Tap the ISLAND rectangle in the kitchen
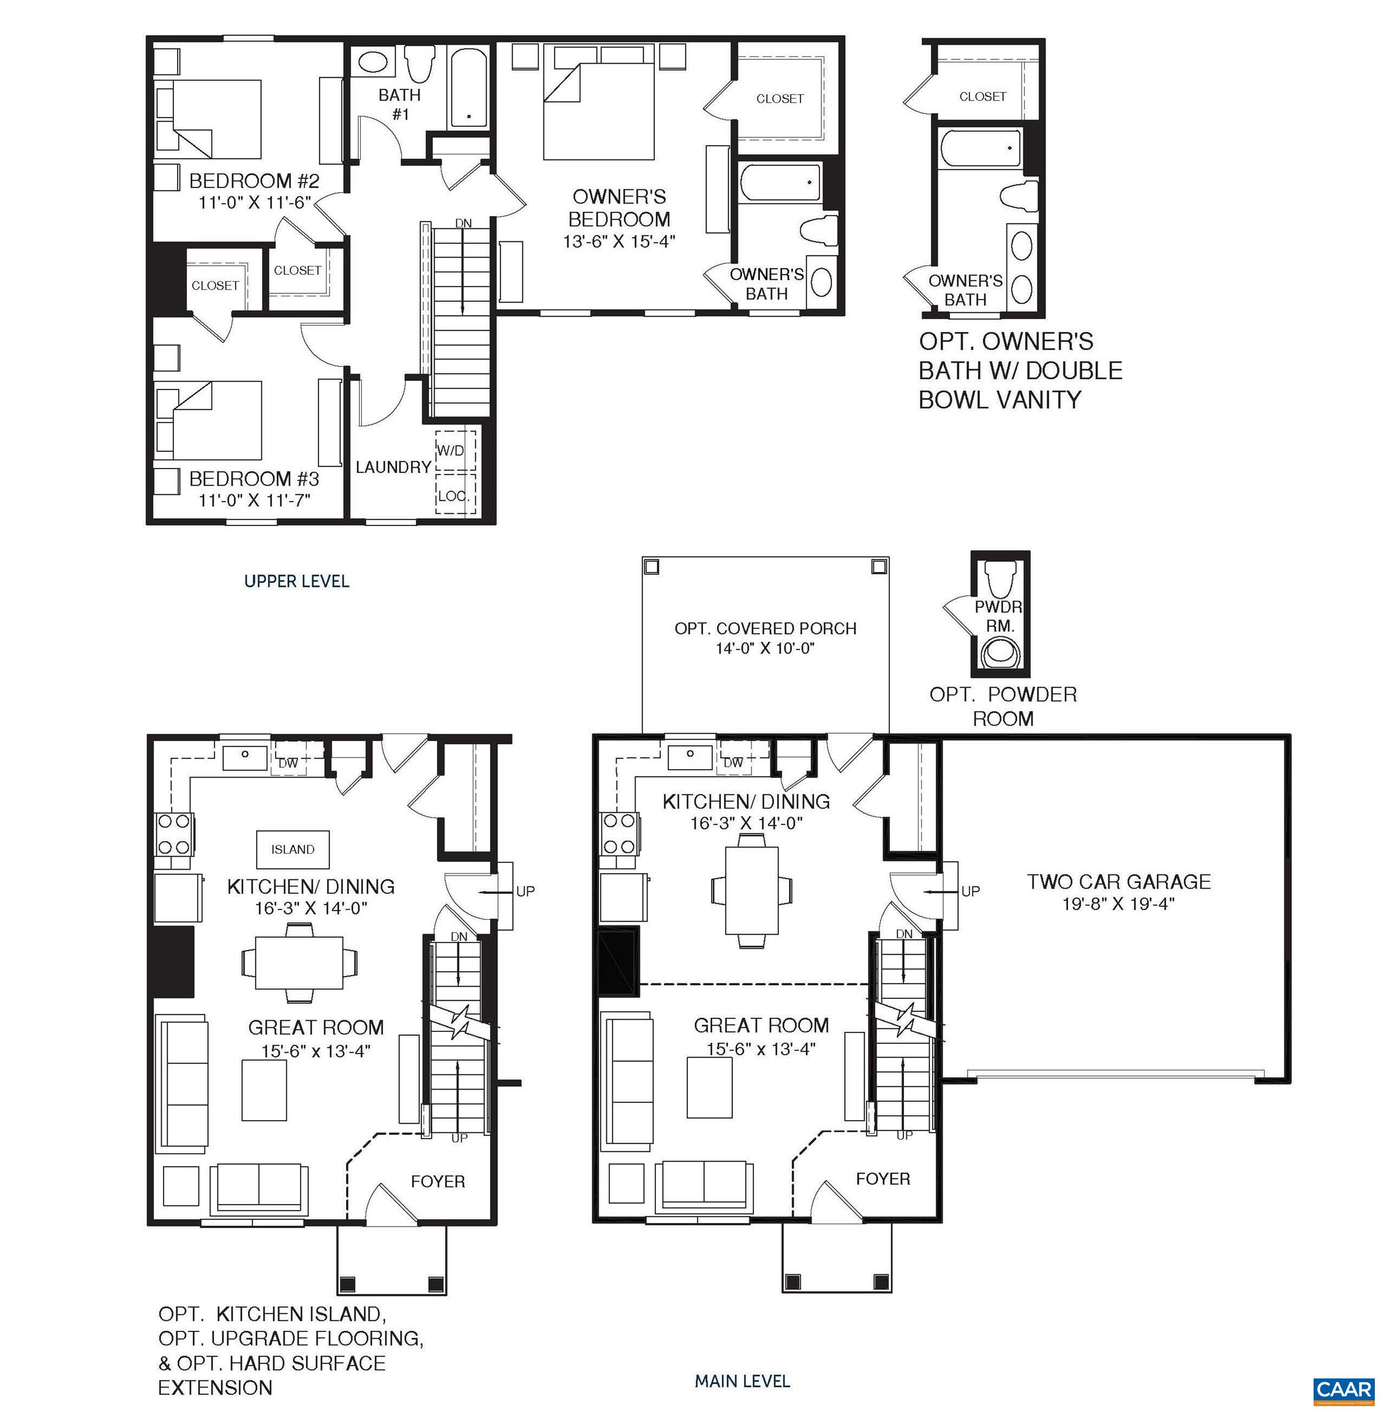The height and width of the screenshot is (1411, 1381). (x=293, y=849)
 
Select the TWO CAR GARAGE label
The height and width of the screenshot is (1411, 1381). (x=1118, y=882)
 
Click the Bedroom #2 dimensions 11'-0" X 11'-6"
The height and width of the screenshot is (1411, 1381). (x=255, y=202)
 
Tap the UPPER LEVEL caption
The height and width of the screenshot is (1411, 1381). (x=296, y=581)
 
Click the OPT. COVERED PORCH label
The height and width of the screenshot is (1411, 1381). (x=765, y=628)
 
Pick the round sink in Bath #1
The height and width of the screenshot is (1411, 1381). (x=373, y=62)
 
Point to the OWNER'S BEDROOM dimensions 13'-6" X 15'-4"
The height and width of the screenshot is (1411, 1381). (x=619, y=241)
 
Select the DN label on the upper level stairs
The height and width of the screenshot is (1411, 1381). (x=464, y=223)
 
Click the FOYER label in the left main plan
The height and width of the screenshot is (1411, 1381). (x=437, y=1181)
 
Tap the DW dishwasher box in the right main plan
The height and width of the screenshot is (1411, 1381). (x=732, y=762)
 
